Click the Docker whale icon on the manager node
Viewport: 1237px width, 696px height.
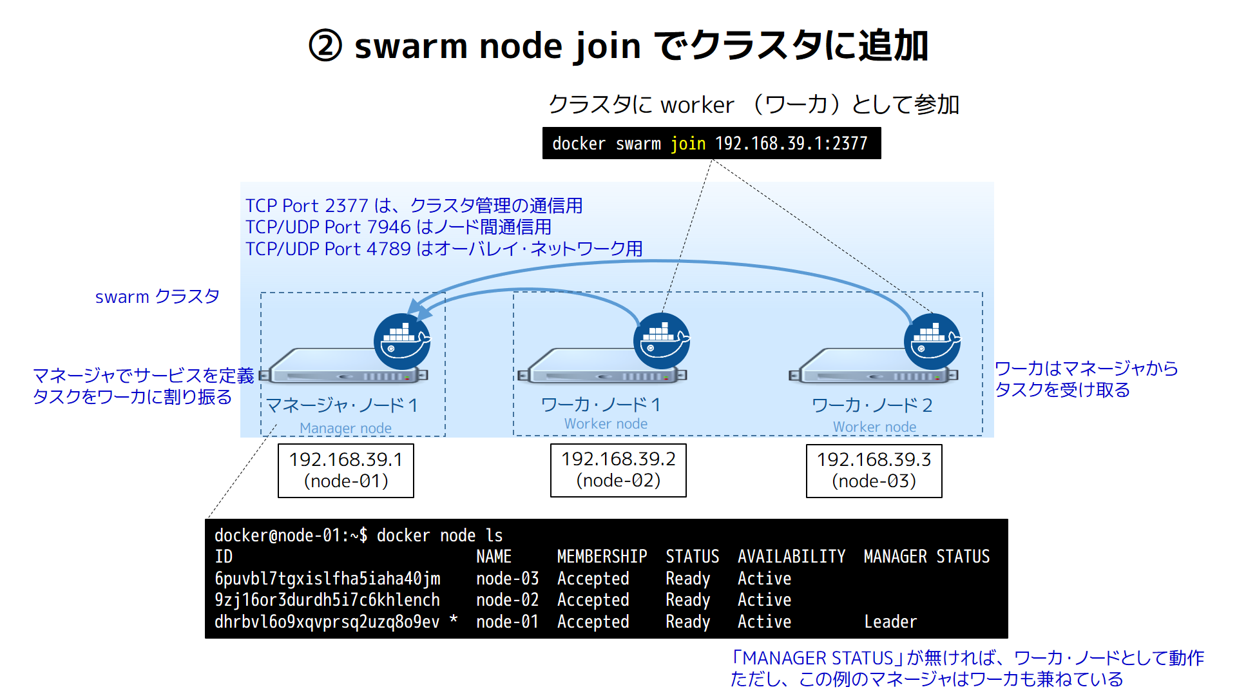[x=402, y=342]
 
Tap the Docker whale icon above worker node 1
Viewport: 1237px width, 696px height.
[x=662, y=342]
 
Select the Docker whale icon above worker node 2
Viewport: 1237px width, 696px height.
[x=932, y=342]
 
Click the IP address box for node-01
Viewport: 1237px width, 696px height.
[x=346, y=470]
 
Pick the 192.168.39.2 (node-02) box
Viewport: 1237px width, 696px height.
[x=618, y=470]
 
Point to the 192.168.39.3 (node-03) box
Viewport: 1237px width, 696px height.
[x=874, y=470]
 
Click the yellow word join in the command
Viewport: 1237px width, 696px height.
[x=688, y=144]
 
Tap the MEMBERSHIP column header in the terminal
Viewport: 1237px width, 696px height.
[x=602, y=556]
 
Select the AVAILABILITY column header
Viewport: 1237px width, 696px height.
[x=791, y=556]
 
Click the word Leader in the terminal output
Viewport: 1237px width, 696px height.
[x=890, y=621]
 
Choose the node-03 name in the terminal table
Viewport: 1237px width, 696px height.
[x=507, y=578]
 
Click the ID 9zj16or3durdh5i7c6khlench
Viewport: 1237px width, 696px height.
[x=327, y=599]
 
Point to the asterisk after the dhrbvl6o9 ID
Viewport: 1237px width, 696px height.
[x=454, y=619]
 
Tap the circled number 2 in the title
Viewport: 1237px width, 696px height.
[x=325, y=46]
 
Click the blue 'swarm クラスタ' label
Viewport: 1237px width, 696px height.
[x=157, y=296]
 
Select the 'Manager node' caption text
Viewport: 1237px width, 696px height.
[x=345, y=428]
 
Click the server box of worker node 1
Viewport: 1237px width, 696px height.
[x=603, y=366]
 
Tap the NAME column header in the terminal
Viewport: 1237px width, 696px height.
[x=494, y=556]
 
